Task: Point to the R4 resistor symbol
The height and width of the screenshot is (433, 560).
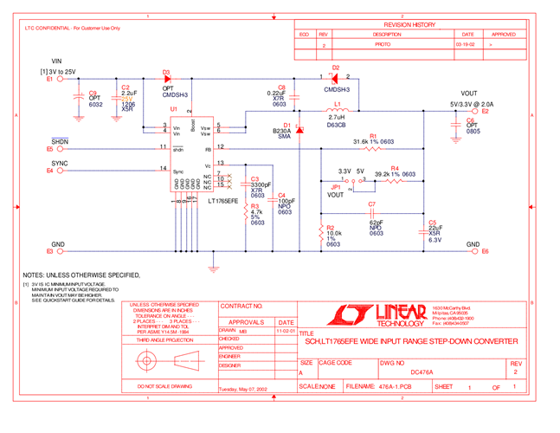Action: [394, 181]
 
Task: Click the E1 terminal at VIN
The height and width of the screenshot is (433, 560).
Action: [51, 78]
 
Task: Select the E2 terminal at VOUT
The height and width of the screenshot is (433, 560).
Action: [484, 112]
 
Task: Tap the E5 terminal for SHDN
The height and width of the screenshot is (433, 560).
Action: [51, 149]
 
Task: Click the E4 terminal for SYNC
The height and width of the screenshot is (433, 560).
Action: [51, 171]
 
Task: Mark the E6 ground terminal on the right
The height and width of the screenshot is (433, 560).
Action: [484, 251]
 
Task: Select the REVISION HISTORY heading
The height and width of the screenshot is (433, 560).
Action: [410, 25]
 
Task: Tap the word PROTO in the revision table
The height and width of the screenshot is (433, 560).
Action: [382, 43]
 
